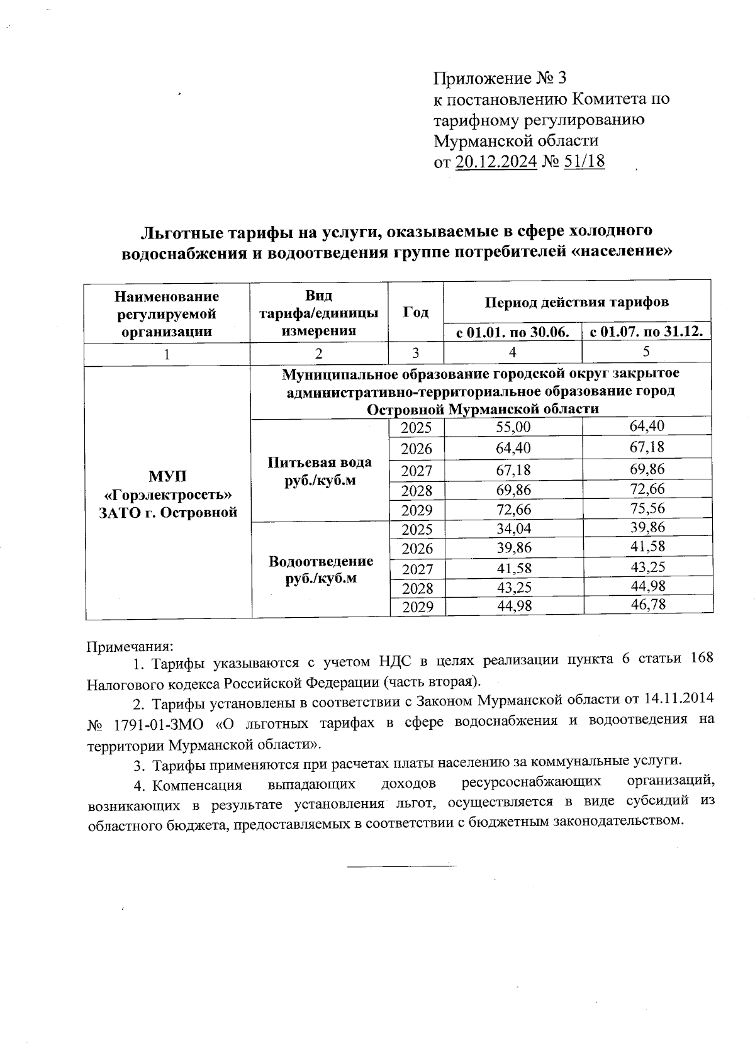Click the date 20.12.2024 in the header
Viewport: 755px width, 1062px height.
click(x=495, y=162)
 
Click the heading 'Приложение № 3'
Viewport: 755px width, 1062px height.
click(x=500, y=79)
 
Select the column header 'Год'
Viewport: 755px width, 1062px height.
click(x=415, y=313)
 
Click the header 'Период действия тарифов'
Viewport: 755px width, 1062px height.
click(x=576, y=302)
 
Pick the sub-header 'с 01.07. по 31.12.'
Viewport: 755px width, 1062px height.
click(x=646, y=332)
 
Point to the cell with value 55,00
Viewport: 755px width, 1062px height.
click(x=513, y=428)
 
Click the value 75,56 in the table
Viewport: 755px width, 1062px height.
click(x=647, y=508)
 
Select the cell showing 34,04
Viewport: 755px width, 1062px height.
click(x=513, y=528)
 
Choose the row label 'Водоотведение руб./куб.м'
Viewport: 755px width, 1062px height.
click(x=320, y=569)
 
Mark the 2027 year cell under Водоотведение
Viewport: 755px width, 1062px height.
click(x=417, y=569)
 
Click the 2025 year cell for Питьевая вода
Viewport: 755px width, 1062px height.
click(x=417, y=428)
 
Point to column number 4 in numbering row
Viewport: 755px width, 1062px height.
click(x=513, y=353)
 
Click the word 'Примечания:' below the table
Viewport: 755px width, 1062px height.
click(x=129, y=646)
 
